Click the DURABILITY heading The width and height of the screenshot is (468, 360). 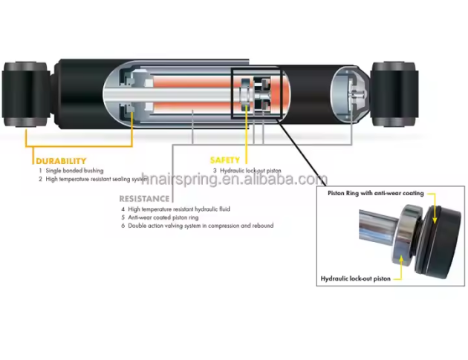pos(61,161)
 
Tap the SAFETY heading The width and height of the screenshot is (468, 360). pos(225,160)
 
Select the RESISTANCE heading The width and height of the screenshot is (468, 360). pos(144,199)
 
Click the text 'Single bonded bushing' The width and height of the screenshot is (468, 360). pos(74,171)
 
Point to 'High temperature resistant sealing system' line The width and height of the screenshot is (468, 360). pos(96,179)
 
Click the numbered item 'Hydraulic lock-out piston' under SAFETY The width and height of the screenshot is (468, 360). pos(250,171)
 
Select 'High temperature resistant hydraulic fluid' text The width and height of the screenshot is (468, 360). pos(179,209)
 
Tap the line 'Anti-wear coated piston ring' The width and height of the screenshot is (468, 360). pos(163,217)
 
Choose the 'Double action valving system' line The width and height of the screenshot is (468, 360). pos(201,226)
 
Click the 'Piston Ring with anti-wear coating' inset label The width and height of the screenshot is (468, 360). pos(376,193)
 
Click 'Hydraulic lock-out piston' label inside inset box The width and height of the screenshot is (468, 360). pos(356,278)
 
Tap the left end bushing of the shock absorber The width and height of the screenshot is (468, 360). pos(26,94)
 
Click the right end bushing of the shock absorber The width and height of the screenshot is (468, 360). pos(394,94)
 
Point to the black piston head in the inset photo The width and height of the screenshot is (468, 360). pos(441,242)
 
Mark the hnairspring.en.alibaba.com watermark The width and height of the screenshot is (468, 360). pos(234,179)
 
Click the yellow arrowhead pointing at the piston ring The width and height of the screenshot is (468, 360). pos(435,220)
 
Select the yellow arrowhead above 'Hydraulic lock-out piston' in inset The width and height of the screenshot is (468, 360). pos(401,258)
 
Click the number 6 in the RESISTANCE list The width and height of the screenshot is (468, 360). pos(123,226)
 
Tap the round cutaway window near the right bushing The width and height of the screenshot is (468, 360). pos(349,94)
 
